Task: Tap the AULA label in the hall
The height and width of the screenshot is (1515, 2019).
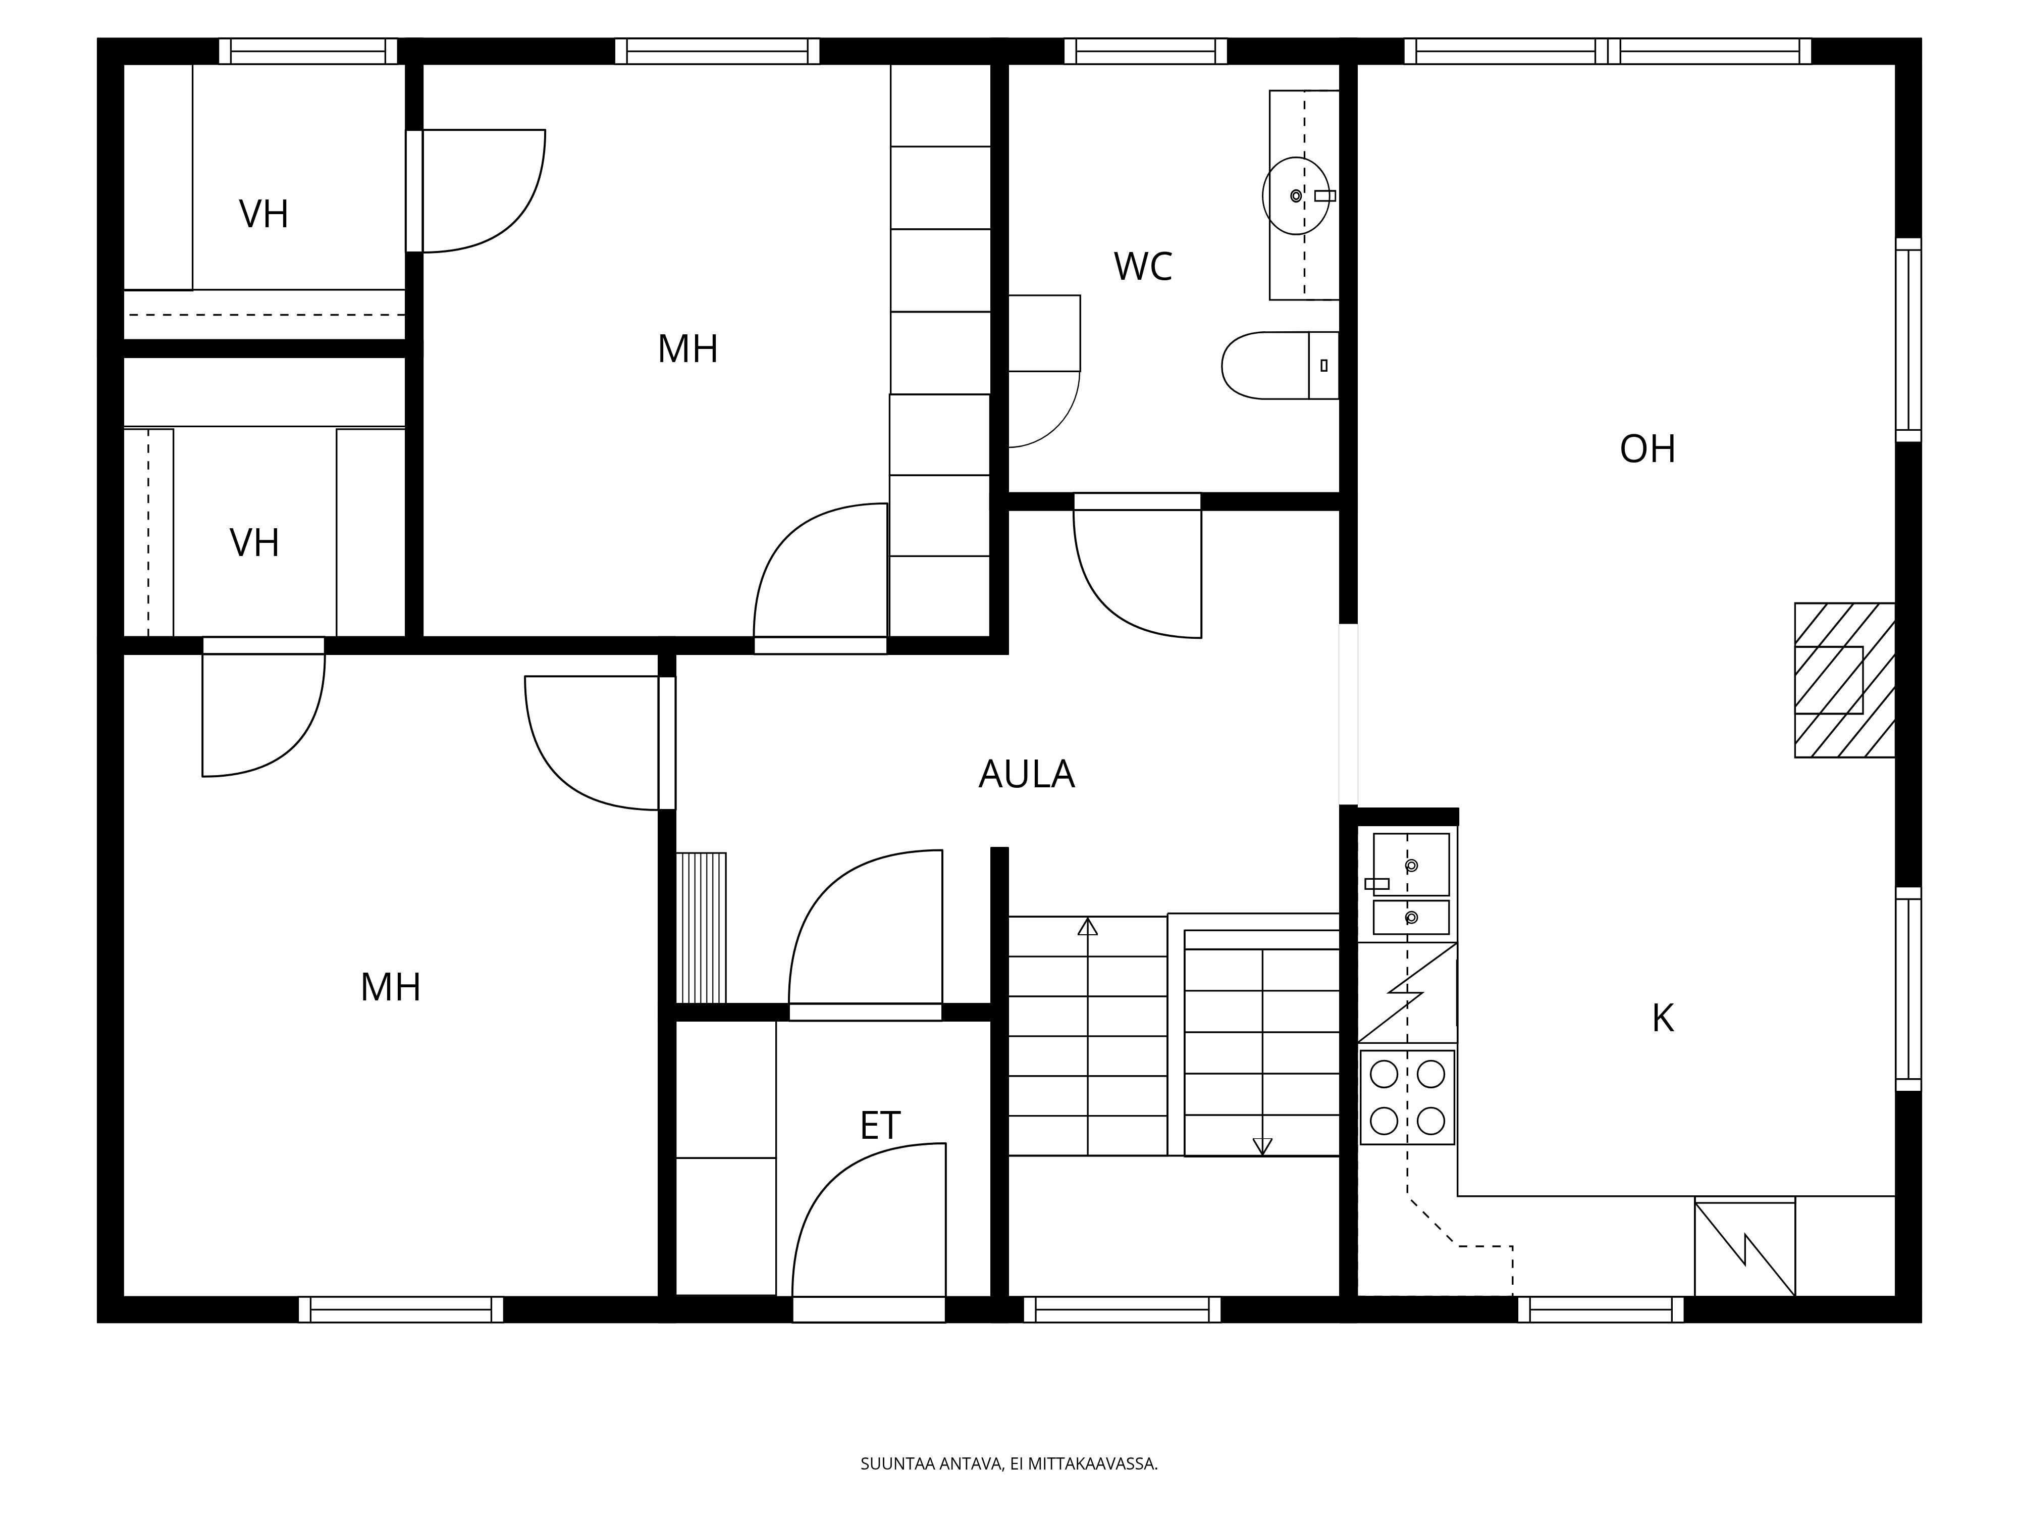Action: (1026, 774)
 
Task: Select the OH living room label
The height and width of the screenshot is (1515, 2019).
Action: (1648, 449)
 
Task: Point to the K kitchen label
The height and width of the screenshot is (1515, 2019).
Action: (1663, 1018)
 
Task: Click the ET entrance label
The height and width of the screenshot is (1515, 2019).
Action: (880, 1126)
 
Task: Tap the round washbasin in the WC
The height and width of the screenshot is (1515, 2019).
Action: (1295, 195)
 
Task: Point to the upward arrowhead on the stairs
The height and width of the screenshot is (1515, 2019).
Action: (1087, 927)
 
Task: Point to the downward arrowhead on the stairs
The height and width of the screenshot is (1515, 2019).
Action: (1262, 1146)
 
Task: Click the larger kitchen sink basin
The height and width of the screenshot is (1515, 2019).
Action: (1411, 864)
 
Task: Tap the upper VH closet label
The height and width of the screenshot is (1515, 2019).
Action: (264, 215)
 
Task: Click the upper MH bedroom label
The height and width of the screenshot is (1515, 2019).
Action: (687, 349)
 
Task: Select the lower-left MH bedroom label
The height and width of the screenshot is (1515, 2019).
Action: (391, 987)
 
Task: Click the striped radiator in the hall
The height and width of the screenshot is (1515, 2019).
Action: (701, 928)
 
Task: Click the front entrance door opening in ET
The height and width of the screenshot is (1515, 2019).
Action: (868, 1308)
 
